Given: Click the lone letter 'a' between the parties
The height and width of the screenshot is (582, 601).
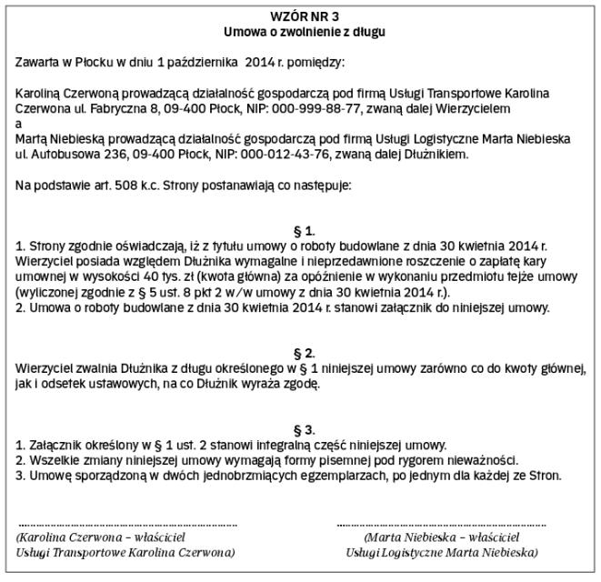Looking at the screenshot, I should pyautogui.click(x=19, y=124).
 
